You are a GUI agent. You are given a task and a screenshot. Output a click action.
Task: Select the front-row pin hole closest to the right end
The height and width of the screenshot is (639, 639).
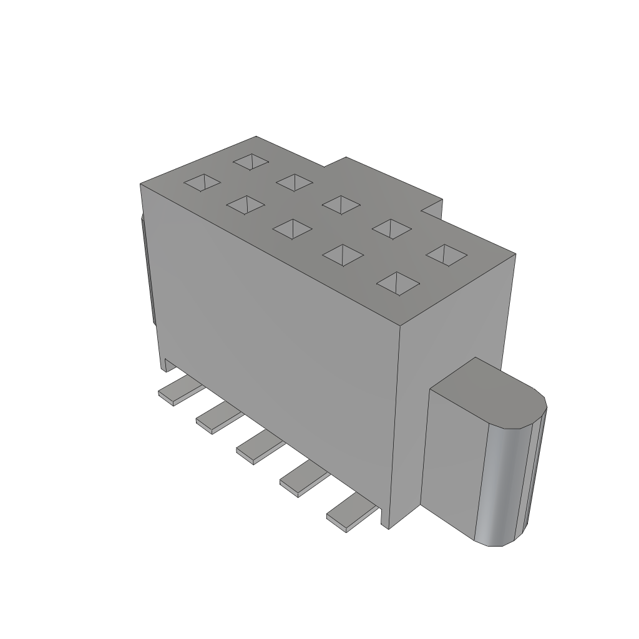click(x=398, y=283)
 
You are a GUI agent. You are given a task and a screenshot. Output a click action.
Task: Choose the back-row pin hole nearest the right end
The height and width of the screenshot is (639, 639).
click(x=446, y=254)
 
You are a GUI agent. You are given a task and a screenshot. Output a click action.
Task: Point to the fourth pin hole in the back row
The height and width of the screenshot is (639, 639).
click(x=392, y=228)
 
